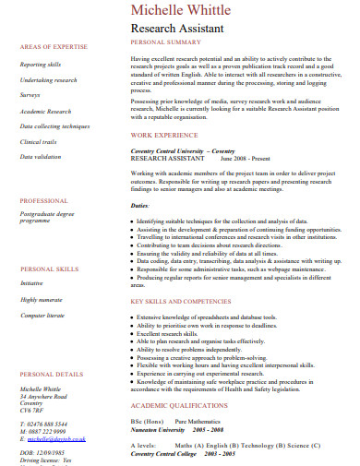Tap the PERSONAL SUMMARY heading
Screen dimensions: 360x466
[x=165, y=42]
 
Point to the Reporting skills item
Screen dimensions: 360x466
[x=41, y=65]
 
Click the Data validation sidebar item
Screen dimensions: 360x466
[x=42, y=157]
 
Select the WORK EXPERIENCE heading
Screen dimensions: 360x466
[x=163, y=134]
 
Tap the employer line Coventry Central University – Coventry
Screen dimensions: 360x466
[x=182, y=149]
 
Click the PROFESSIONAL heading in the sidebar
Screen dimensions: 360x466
[x=43, y=200]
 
